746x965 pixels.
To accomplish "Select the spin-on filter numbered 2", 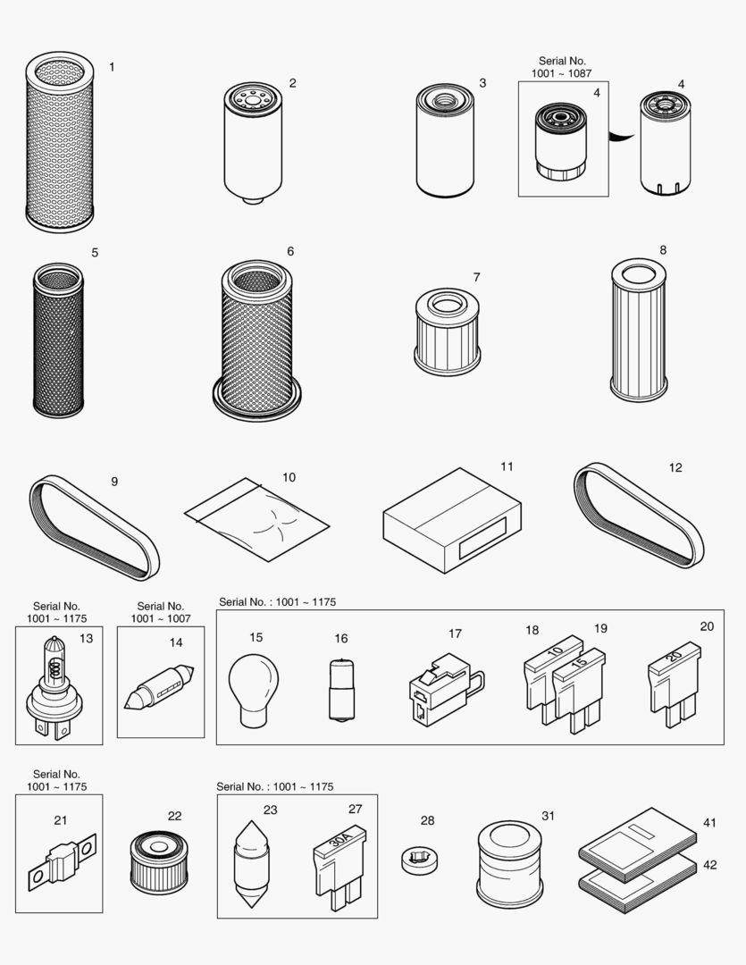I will (253, 143).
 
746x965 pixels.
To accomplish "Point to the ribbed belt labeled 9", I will (94, 528).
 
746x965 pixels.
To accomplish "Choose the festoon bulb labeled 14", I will (160, 689).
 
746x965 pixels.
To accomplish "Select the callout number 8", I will (662, 250).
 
